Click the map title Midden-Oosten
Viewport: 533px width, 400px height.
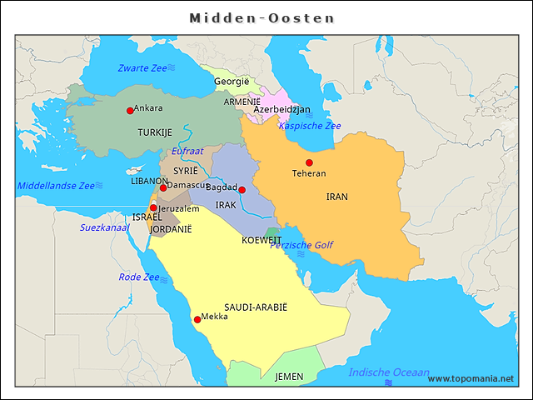coord(262,17)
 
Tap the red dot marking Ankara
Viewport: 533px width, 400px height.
coord(130,110)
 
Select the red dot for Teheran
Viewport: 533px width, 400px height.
coord(309,162)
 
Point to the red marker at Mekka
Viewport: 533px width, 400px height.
coord(197,319)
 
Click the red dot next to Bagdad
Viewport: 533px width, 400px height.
coord(242,190)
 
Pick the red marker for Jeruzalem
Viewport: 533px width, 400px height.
coord(153,207)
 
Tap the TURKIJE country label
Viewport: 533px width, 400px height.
coord(155,132)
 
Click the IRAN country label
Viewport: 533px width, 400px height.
coord(337,197)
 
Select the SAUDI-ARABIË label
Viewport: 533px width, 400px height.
coord(256,307)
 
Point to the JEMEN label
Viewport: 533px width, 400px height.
coord(289,377)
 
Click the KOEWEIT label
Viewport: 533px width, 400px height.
coord(262,240)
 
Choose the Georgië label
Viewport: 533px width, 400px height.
coord(232,82)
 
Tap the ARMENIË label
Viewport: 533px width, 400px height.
coord(242,101)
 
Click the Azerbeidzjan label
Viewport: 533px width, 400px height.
coord(281,109)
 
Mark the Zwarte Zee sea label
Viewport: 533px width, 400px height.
coord(142,67)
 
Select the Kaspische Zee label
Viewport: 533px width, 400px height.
coord(310,126)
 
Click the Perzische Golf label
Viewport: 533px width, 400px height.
coord(301,245)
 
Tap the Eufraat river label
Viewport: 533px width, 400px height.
coord(187,152)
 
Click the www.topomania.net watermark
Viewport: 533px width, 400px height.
coord(471,379)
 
